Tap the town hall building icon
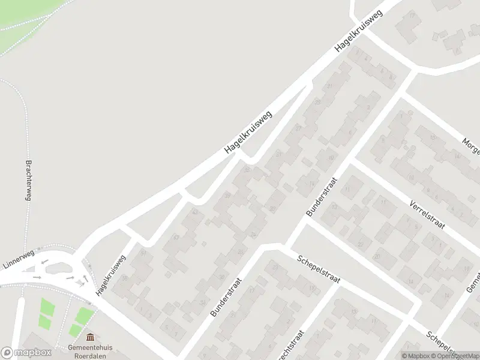90,338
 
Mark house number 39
277,154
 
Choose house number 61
143,253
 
